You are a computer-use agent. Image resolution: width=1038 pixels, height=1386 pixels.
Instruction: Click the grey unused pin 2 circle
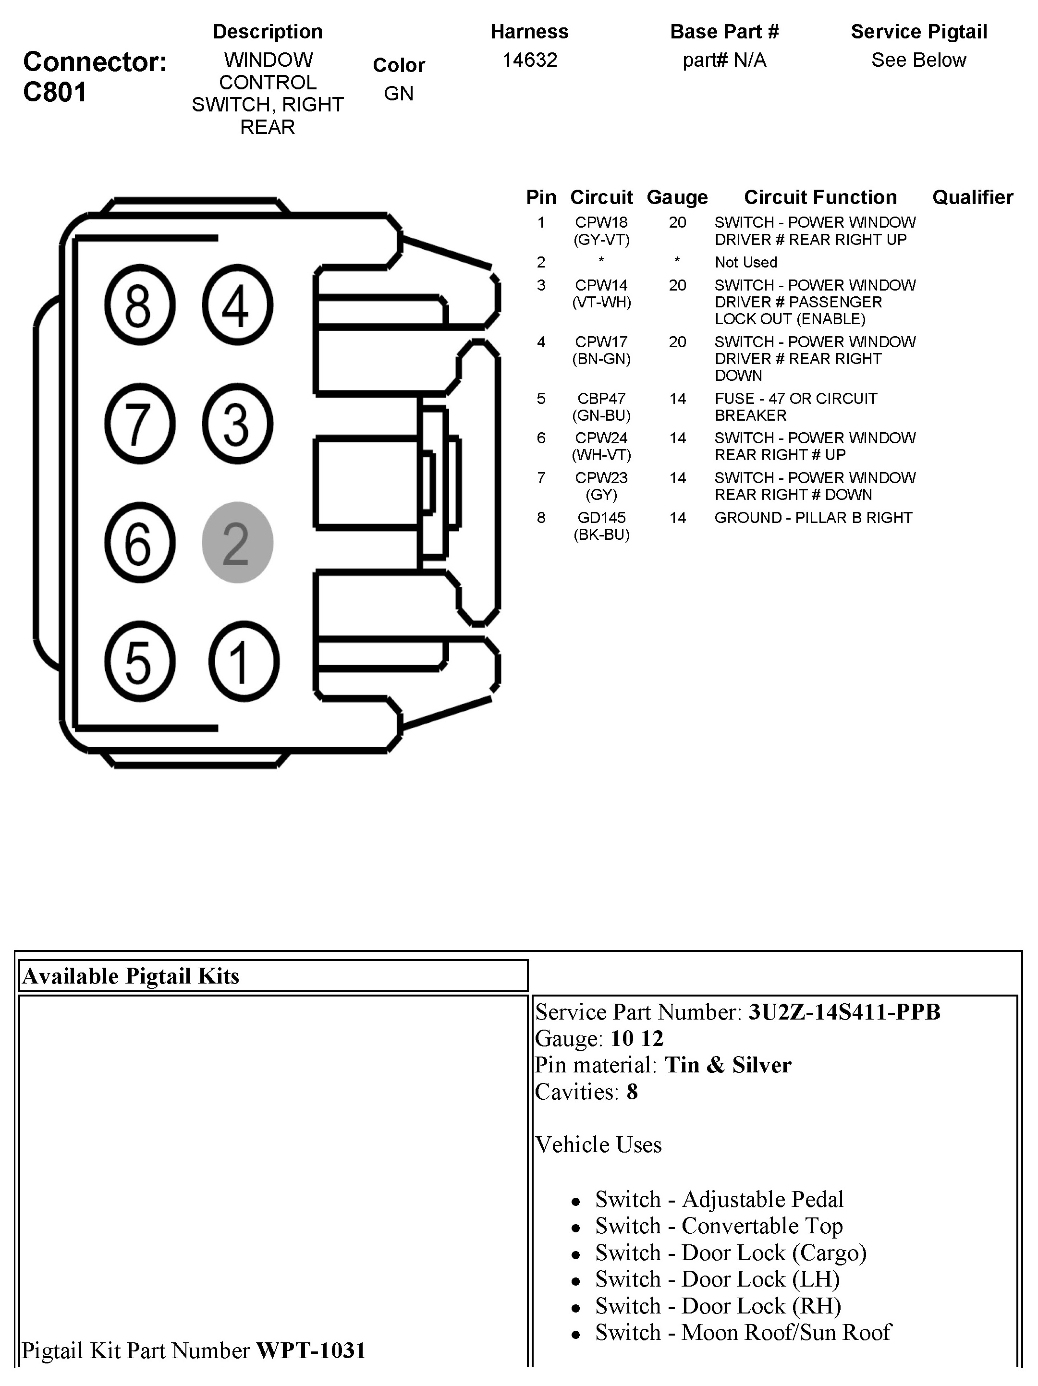pyautogui.click(x=237, y=543)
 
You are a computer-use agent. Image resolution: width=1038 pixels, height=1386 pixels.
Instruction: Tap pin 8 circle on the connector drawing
pyautogui.click(x=139, y=305)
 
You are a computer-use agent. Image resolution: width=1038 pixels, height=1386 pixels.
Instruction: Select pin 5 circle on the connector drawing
pyautogui.click(x=139, y=661)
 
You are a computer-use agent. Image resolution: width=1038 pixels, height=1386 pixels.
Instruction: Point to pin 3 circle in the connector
pyautogui.click(x=237, y=424)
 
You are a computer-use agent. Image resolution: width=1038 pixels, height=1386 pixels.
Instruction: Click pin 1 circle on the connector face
pyautogui.click(x=243, y=661)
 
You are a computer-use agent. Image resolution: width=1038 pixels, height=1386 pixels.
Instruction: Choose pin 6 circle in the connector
pyautogui.click(x=139, y=543)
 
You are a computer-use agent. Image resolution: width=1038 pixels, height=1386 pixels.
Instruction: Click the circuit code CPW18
pyautogui.click(x=601, y=222)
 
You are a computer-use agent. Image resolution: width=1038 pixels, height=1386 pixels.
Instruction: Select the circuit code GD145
pyautogui.click(x=601, y=518)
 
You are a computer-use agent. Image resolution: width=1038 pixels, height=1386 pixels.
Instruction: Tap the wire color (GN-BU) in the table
pyautogui.click(x=601, y=415)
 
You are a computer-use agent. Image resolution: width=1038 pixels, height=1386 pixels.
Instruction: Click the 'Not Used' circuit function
pyautogui.click(x=745, y=263)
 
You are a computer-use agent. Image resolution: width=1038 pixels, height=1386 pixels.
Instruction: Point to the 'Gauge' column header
pyautogui.click(x=677, y=197)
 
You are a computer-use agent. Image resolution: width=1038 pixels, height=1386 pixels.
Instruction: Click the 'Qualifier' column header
pyautogui.click(x=972, y=197)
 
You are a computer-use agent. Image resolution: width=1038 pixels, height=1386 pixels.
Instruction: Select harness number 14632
pyautogui.click(x=530, y=60)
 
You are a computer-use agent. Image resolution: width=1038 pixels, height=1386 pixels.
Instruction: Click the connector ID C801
pyautogui.click(x=55, y=92)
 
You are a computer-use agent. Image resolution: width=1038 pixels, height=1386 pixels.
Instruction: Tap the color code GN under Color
pyautogui.click(x=399, y=93)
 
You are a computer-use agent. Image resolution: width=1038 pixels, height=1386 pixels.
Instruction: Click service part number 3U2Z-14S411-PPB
pyautogui.click(x=844, y=1012)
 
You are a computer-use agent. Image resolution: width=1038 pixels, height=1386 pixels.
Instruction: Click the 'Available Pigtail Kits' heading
pyautogui.click(x=131, y=976)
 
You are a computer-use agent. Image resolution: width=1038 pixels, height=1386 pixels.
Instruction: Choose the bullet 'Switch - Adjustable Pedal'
pyautogui.click(x=719, y=1199)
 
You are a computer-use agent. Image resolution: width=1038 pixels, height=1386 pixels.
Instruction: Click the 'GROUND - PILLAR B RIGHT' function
pyautogui.click(x=813, y=518)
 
